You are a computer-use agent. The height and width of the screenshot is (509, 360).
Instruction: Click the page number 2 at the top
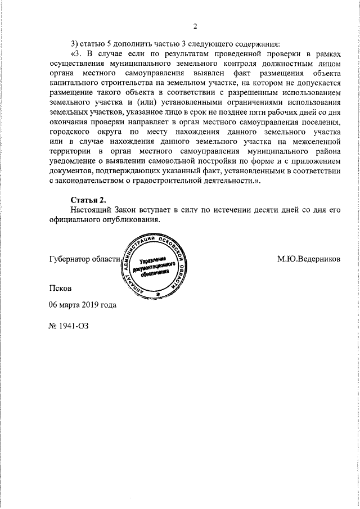(x=195, y=26)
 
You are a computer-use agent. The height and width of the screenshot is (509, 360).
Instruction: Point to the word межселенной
(x=318, y=142)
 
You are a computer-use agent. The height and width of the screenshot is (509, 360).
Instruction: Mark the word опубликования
(x=129, y=220)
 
